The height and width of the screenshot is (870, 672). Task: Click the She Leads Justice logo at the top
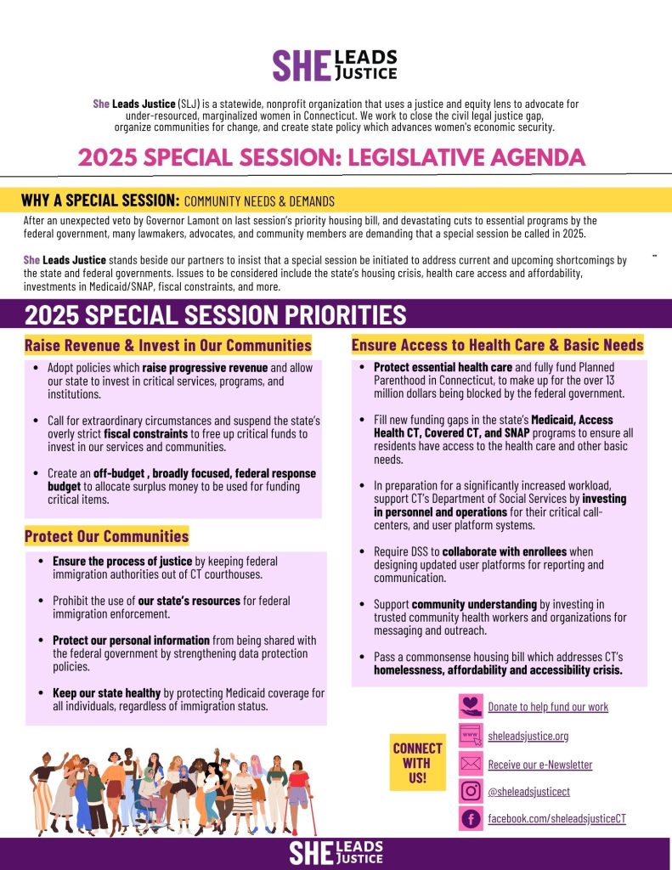334,65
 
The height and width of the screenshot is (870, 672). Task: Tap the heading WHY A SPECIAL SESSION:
99,201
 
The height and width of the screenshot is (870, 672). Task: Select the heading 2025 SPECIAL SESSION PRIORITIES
215,314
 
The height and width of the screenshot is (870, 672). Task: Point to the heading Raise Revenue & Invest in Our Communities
167,346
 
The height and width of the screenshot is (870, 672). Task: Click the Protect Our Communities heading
106,536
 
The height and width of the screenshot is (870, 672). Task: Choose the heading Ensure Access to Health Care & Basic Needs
497,345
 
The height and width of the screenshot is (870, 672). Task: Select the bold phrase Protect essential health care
432,368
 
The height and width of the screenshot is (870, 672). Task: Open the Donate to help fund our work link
548,707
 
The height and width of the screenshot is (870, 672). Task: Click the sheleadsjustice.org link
528,736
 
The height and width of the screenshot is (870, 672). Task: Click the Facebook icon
470,819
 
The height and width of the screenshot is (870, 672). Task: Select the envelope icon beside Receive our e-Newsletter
470,764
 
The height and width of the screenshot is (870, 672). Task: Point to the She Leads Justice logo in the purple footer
336,853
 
